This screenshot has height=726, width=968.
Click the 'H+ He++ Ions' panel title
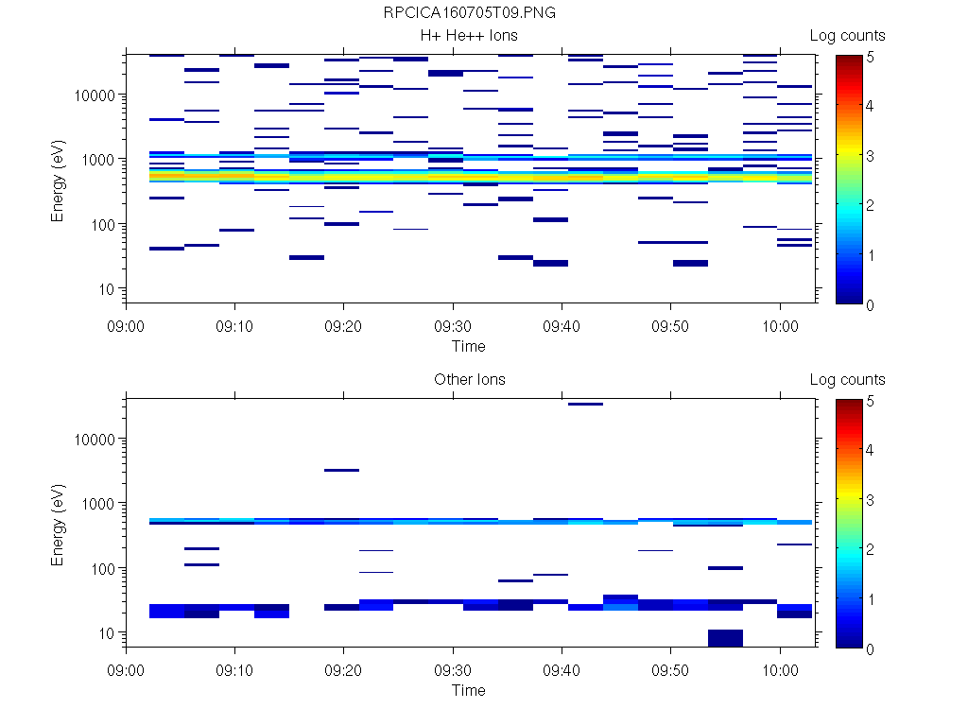coord(470,36)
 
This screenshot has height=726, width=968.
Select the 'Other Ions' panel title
coord(470,380)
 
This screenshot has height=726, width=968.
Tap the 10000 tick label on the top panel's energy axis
coord(94,95)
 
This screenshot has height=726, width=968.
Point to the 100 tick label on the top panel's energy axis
coord(101,225)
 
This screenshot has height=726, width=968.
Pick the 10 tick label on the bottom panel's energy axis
coord(105,633)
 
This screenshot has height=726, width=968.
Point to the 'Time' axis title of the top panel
coord(468,346)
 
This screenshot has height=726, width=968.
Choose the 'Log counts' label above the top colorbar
coord(847,36)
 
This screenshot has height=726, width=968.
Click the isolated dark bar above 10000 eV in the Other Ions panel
coord(585,404)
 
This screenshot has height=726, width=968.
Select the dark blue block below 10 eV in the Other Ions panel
coord(725,638)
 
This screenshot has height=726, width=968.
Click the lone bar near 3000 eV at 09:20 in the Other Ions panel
coord(341,470)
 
